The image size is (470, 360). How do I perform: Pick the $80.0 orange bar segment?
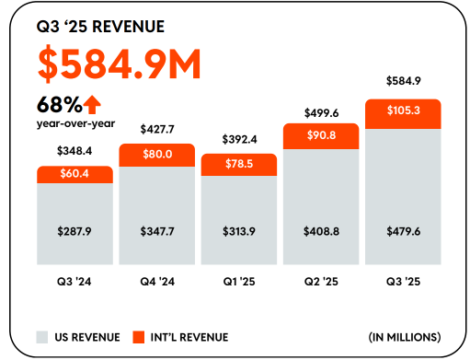(157, 155)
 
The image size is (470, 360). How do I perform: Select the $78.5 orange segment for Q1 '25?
(238, 164)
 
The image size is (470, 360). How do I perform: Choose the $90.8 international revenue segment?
(321, 135)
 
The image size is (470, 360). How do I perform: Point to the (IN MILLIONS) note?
(405, 336)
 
